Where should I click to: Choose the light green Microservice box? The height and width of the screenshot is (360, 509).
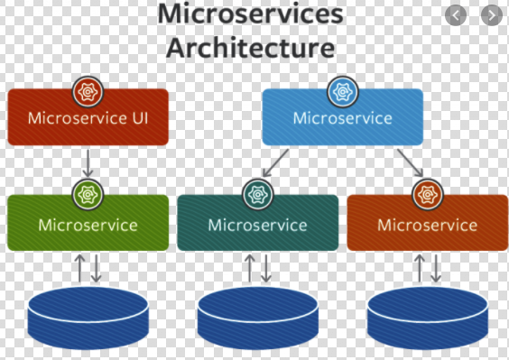(88, 224)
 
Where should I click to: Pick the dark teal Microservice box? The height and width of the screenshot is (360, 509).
(257, 224)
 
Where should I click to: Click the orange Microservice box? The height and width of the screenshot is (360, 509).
(427, 224)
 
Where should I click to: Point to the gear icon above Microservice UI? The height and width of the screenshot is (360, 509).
(88, 91)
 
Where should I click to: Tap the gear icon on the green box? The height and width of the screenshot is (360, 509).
(88, 194)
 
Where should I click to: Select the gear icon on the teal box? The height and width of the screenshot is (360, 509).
(257, 194)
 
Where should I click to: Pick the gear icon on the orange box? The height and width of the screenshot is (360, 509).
(427, 194)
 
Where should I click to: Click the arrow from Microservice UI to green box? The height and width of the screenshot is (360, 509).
(88, 163)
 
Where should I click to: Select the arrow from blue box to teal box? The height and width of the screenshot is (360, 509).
(276, 163)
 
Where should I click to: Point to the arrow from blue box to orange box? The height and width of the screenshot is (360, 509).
(409, 163)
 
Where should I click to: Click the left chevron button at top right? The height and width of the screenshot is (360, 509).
(458, 15)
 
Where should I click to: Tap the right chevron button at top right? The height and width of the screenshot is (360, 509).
(490, 15)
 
